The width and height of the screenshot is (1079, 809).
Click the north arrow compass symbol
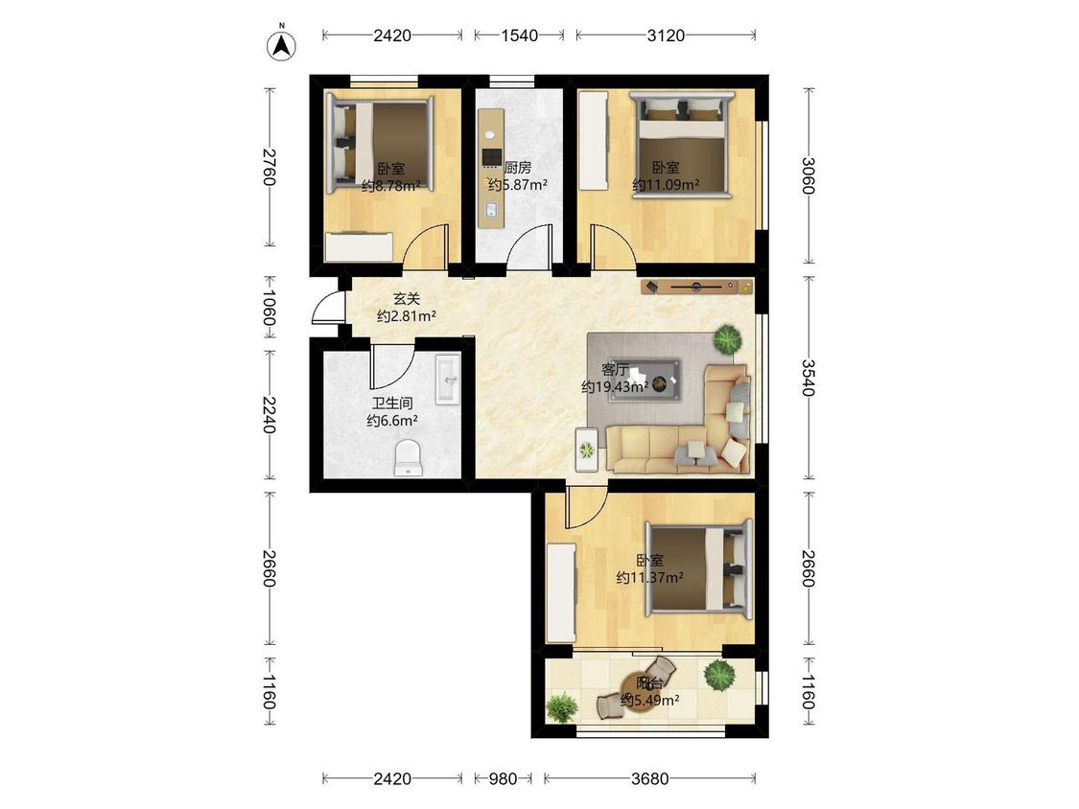click(281, 45)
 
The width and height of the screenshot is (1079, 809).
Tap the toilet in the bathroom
click(408, 457)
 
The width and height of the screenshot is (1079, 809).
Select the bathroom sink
click(448, 380)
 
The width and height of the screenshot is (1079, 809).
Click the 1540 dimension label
click(520, 35)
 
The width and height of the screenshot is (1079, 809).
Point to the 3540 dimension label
click(809, 378)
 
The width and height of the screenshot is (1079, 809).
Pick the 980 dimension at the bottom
click(503, 778)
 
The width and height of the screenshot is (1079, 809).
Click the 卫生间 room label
click(392, 404)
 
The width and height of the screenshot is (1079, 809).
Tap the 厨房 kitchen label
click(518, 167)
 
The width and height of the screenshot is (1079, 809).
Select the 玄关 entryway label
click(407, 299)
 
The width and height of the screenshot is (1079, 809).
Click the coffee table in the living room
click(654, 379)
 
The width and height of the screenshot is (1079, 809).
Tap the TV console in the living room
click(696, 287)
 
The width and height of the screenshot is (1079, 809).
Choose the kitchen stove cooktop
click(491, 158)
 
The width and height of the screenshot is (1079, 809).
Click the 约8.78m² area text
click(391, 185)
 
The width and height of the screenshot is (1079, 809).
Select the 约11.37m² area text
click(649, 578)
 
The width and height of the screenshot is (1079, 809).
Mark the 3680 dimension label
click(649, 778)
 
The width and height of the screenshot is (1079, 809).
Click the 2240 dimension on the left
click(270, 415)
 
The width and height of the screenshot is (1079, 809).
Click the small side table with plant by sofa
click(587, 450)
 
